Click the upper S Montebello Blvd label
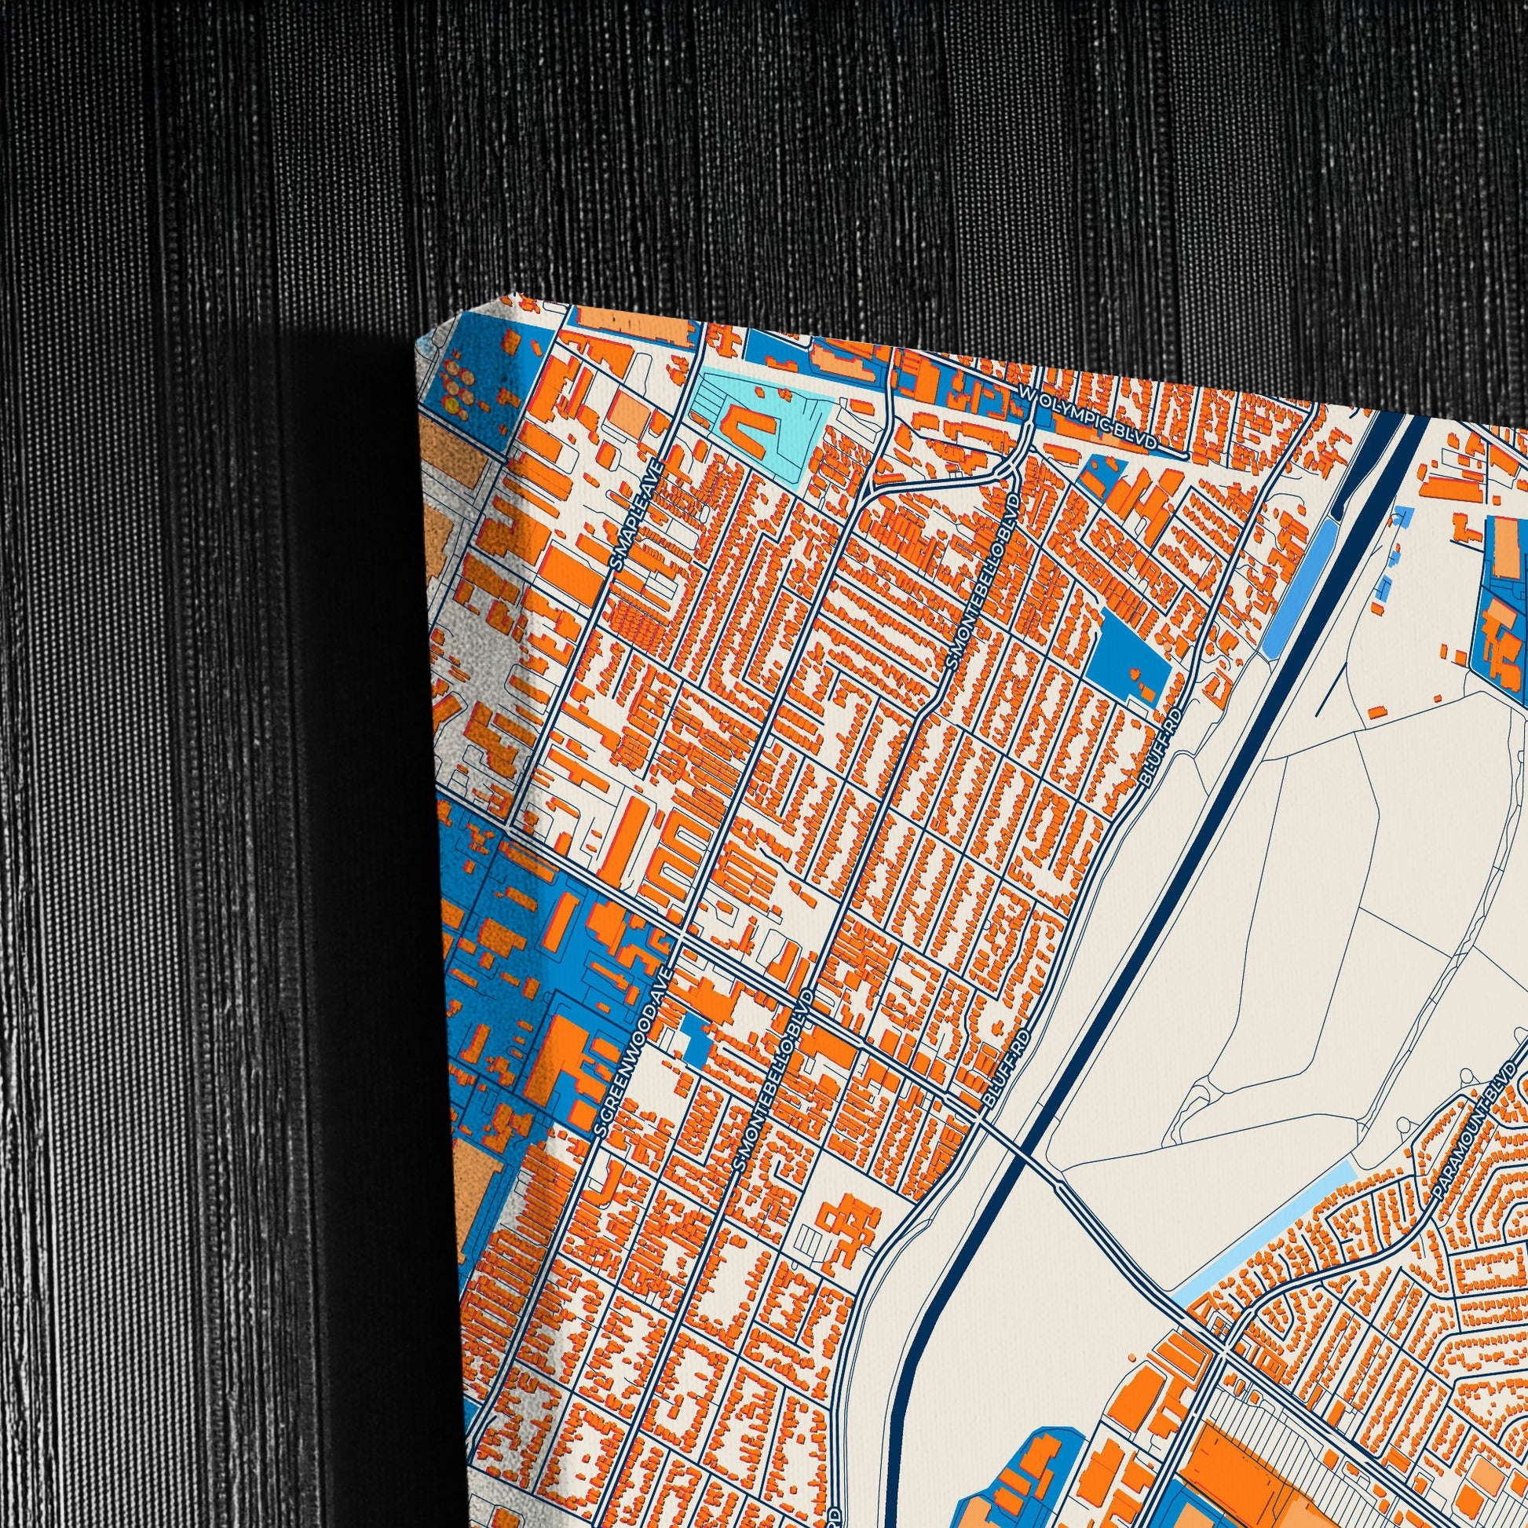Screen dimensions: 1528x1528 tap(982, 583)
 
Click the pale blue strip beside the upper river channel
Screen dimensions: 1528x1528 tap(1297, 585)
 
